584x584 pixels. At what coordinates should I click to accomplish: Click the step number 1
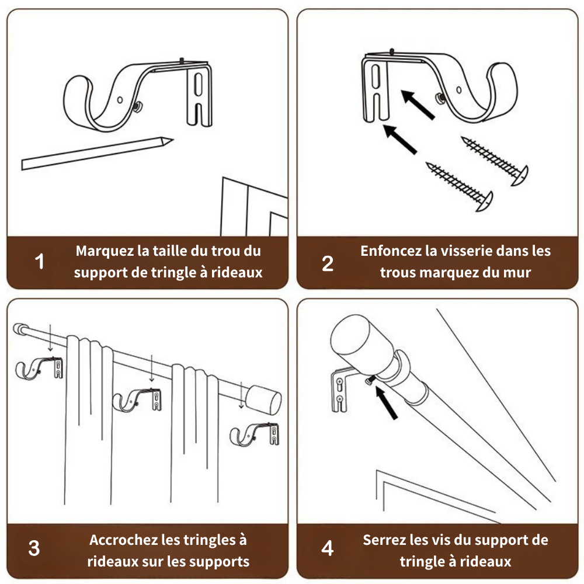tap(40, 262)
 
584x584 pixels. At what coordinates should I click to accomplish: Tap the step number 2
tap(328, 263)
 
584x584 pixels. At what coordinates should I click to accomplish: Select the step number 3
tap(34, 548)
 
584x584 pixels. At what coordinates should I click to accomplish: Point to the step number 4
tap(328, 548)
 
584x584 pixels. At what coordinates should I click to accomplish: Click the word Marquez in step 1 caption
tap(105, 251)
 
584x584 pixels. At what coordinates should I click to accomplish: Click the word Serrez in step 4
tap(384, 540)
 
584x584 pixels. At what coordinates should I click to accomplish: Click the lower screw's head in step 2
tap(486, 201)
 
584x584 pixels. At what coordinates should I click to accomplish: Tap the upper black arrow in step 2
tap(418, 105)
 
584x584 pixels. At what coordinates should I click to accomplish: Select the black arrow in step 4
tap(386, 402)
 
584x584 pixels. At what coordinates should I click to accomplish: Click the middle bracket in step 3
tap(138, 399)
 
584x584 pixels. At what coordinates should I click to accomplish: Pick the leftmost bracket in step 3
tap(39, 368)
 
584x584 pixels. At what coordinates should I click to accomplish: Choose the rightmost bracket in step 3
tap(255, 434)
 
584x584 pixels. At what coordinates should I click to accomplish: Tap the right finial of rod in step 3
tap(264, 400)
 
